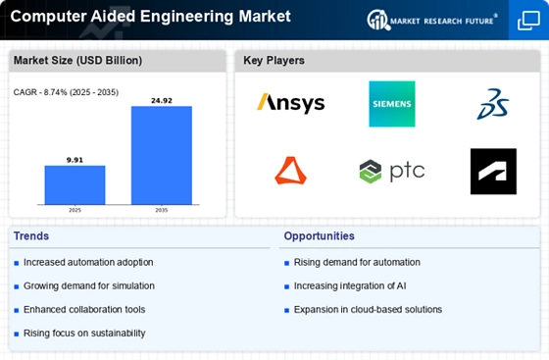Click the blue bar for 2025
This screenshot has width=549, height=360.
[x=75, y=184]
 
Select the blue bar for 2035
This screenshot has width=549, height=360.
[x=162, y=155]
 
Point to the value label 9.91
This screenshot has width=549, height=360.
[x=75, y=160]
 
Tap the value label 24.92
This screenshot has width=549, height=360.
[x=162, y=101]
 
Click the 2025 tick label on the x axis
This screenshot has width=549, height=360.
[x=75, y=210]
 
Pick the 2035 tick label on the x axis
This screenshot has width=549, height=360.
[x=162, y=210]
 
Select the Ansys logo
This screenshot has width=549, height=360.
[x=290, y=103]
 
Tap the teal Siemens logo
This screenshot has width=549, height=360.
[x=392, y=104]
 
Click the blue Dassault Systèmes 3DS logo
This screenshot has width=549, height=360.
[x=492, y=104]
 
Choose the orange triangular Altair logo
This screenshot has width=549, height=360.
[x=290, y=171]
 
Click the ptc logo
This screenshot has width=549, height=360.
[x=392, y=172]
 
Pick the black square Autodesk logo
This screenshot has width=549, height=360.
[x=493, y=172]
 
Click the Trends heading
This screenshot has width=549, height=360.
[x=31, y=236]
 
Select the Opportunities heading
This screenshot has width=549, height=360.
[x=319, y=236]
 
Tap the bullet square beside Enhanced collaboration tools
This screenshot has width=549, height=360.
[x=17, y=310]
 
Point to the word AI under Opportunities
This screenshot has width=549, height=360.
[x=402, y=286]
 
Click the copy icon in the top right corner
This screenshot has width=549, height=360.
[x=528, y=21]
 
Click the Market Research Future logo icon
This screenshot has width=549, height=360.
[x=378, y=20]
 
